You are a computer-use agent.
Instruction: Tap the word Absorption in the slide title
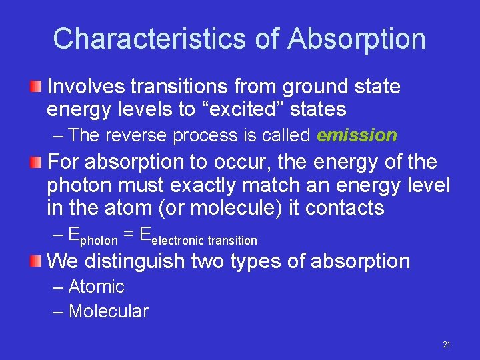click(357, 39)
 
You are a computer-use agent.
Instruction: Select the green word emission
click(357, 135)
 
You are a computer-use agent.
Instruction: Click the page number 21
click(447, 345)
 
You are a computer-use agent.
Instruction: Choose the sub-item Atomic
click(96, 287)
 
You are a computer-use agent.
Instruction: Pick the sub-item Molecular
click(108, 311)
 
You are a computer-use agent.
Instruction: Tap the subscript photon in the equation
click(99, 239)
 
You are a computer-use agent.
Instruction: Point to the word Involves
click(88, 86)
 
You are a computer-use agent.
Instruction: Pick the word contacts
click(345, 207)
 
